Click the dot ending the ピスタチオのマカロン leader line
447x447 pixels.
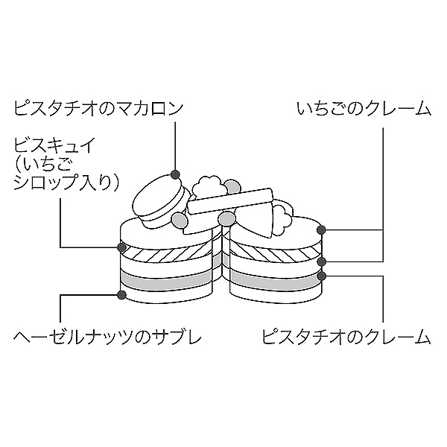point(175,175)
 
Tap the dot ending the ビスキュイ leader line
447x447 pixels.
point(119,247)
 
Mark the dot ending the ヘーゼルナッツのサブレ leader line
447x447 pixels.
point(119,296)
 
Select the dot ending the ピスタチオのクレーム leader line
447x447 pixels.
point(322,276)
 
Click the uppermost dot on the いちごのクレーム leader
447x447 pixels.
point(322,230)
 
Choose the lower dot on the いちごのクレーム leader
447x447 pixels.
point(322,261)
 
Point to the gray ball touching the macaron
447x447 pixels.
point(180,220)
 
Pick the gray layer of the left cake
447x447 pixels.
point(168,282)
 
